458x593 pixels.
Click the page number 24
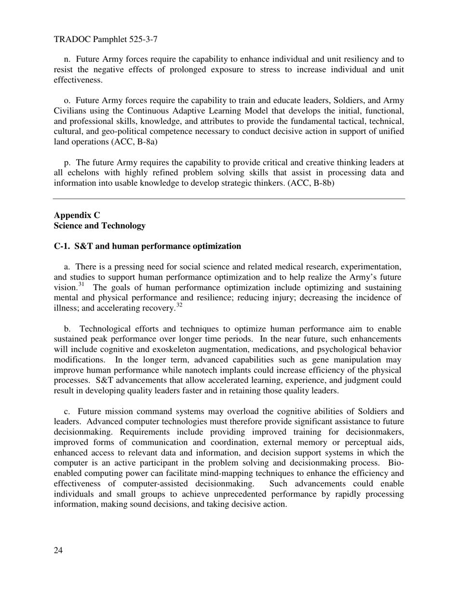click(58, 551)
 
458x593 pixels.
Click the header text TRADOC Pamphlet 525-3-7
click(105, 39)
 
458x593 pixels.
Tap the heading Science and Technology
click(99, 226)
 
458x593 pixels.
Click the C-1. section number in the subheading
click(63, 246)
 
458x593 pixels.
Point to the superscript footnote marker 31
click(81, 284)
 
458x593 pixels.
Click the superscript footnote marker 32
click(179, 305)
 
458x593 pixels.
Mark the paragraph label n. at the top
click(67, 59)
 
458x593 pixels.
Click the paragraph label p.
click(67, 162)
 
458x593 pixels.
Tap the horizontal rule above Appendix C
click(229, 199)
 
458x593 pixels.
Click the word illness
click(66, 309)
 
